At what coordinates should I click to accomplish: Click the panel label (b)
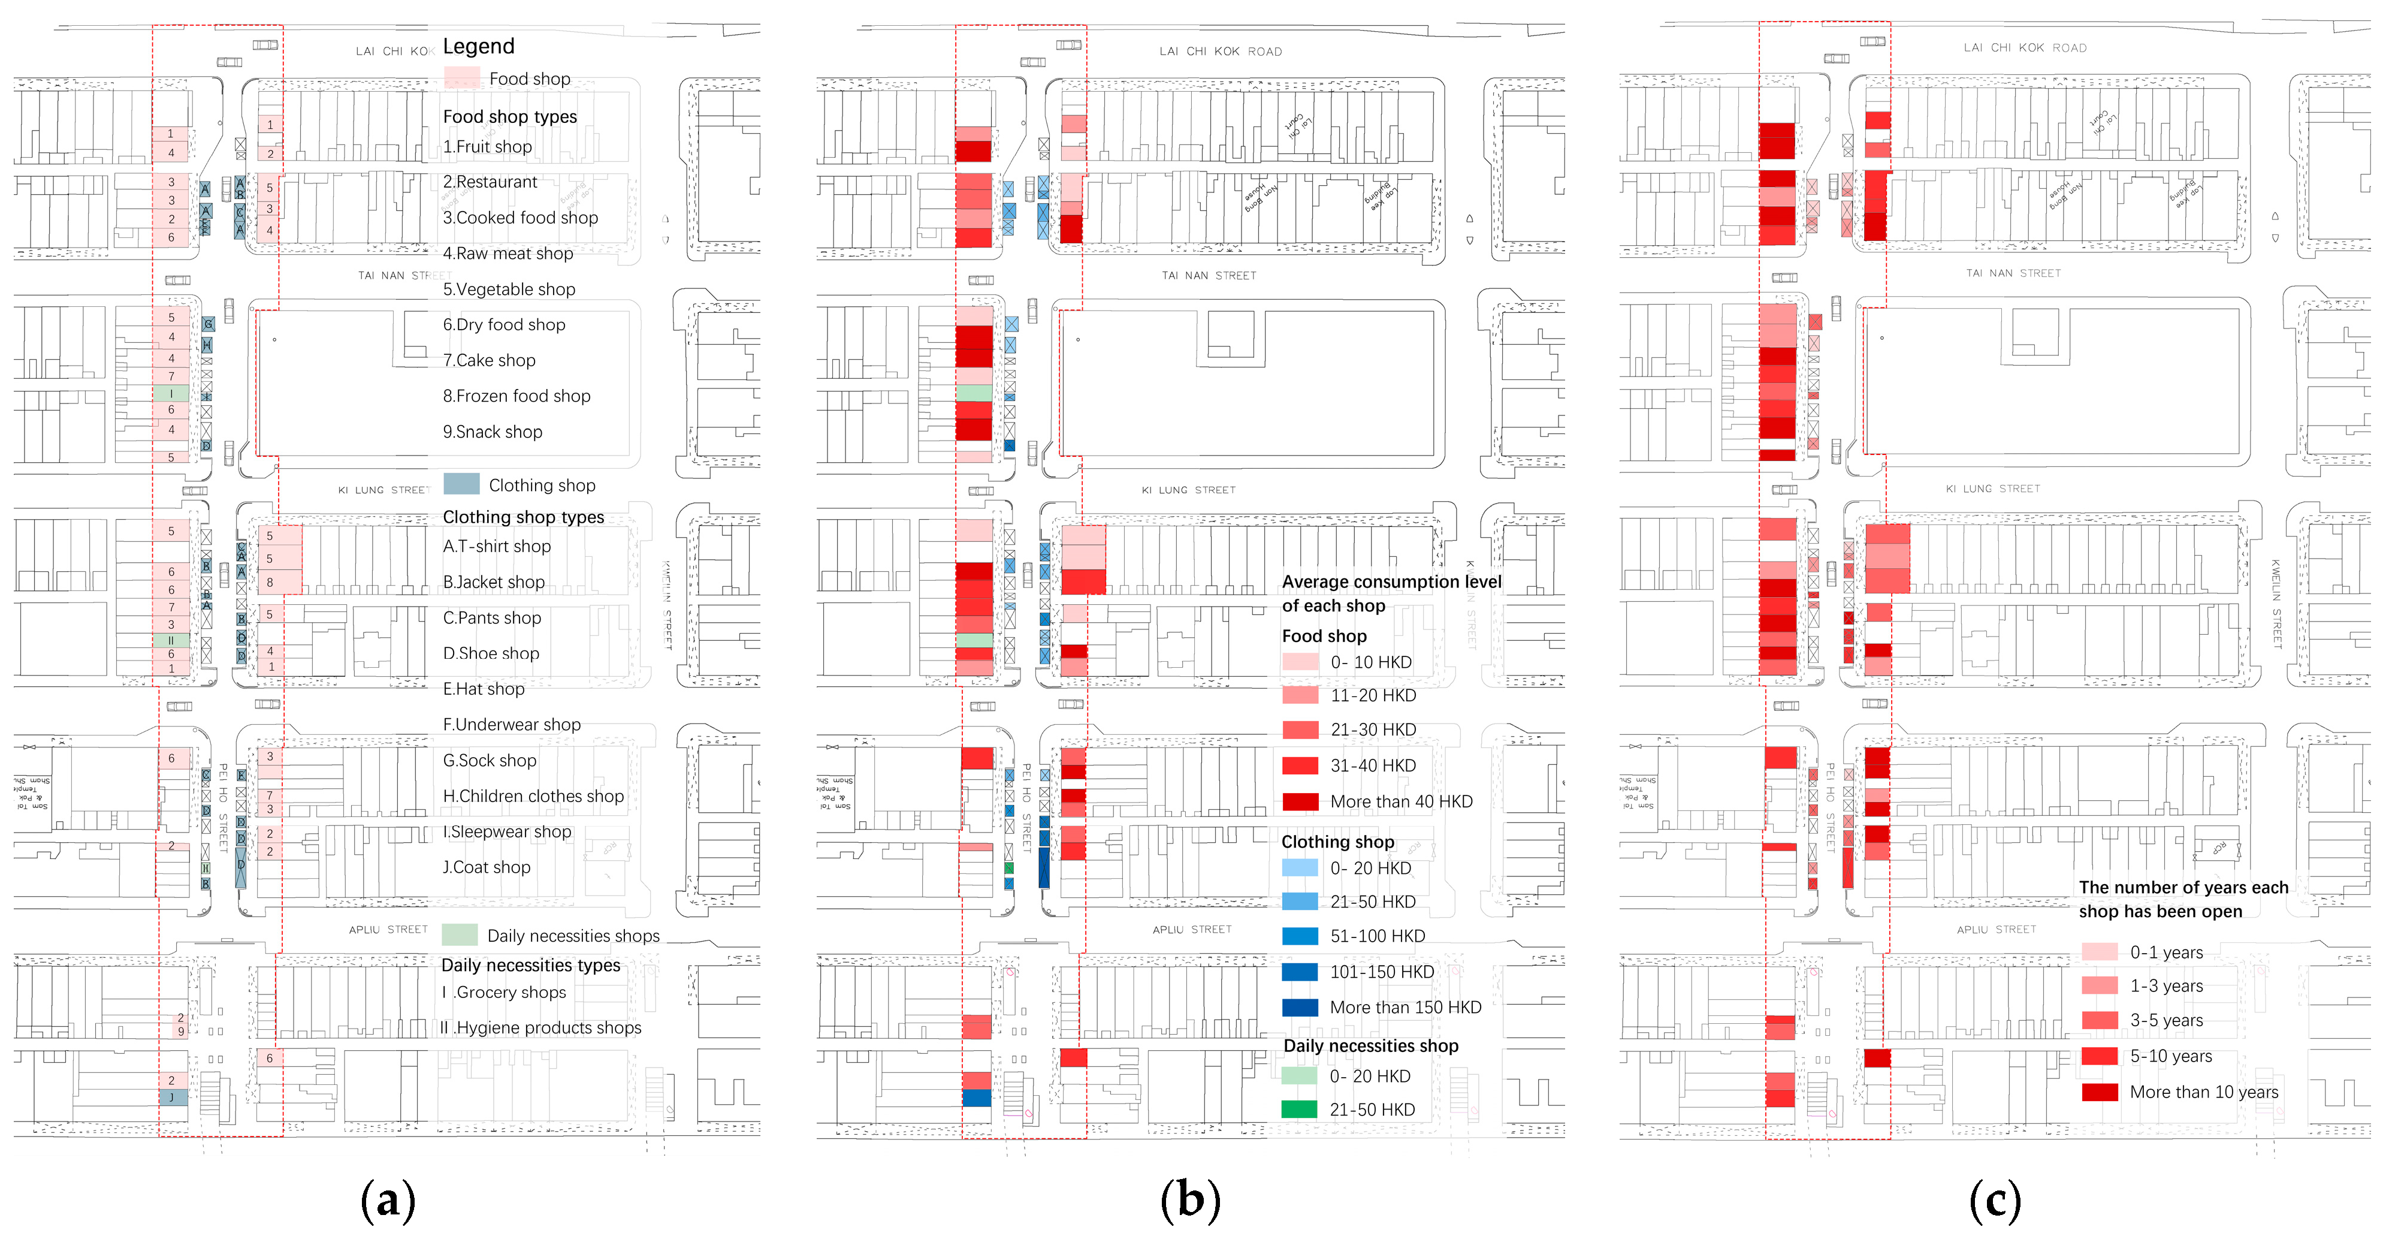click(1190, 1201)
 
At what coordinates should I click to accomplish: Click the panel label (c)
click(1994, 1201)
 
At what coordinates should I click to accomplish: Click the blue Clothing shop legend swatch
click(461, 484)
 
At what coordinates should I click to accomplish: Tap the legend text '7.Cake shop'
click(489, 360)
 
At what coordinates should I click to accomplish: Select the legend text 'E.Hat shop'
click(484, 688)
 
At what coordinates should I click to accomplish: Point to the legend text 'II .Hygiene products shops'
click(541, 1027)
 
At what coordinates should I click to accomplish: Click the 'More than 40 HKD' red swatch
click(1300, 801)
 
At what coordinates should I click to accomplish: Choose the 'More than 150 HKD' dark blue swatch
click(1300, 1007)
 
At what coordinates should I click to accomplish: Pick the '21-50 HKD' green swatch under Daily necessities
click(1300, 1109)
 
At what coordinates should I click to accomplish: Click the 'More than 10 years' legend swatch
click(2099, 1092)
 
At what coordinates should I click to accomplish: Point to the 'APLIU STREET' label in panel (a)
click(388, 929)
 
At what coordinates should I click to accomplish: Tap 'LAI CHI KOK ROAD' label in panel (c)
click(2025, 48)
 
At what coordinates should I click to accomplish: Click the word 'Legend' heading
click(478, 46)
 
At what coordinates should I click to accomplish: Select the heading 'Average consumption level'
click(1391, 582)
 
